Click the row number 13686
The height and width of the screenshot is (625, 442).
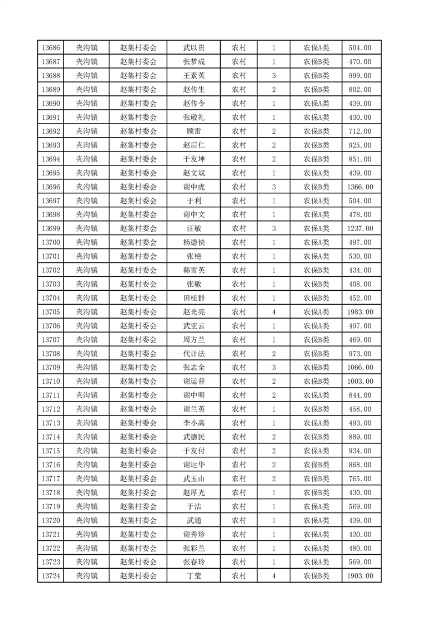click(x=50, y=48)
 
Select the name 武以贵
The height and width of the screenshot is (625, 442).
click(x=193, y=48)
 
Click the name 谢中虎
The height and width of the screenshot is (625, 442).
click(x=193, y=187)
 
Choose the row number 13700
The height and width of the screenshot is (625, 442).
click(x=50, y=242)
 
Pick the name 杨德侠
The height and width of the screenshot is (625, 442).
click(x=193, y=242)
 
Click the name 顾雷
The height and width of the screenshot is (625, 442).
click(x=193, y=131)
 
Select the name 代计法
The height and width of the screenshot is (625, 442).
click(x=193, y=354)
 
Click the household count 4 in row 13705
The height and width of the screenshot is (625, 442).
click(x=274, y=312)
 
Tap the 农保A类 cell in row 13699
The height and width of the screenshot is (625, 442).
click(x=316, y=228)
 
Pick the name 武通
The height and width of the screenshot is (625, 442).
click(x=193, y=520)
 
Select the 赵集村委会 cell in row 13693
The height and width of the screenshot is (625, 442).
click(x=139, y=145)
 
